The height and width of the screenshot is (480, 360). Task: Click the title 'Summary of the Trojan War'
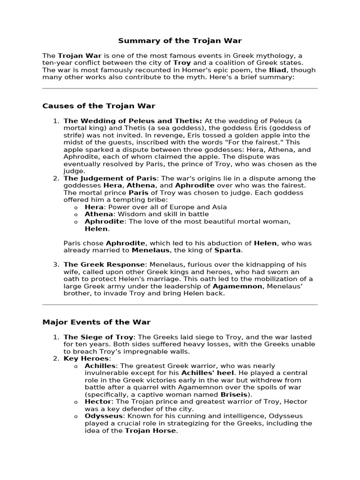click(180, 41)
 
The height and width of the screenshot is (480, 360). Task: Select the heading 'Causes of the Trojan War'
click(99, 106)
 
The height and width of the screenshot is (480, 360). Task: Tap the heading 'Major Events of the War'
click(97, 322)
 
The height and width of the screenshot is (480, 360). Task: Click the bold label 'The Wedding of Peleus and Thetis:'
click(133, 121)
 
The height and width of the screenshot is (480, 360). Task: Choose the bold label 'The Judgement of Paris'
click(110, 178)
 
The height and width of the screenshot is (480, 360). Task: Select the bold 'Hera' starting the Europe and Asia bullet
click(93, 207)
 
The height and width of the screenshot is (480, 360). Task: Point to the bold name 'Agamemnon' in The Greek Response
click(237, 286)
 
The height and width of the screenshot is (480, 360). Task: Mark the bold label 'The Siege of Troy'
click(98, 337)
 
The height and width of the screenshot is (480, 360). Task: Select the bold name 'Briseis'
click(234, 395)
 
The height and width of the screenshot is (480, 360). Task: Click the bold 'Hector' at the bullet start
click(98, 402)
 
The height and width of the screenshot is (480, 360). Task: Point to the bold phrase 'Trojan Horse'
click(150, 431)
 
